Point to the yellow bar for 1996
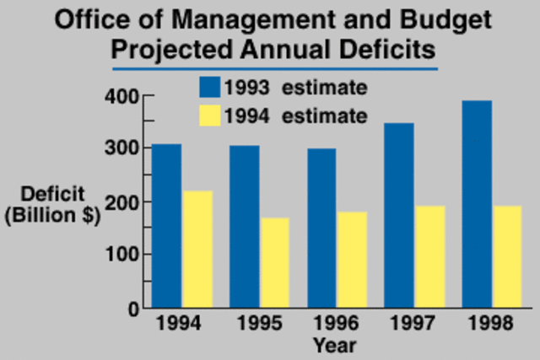point(352,259)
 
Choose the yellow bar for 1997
point(429,256)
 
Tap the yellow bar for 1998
point(507,256)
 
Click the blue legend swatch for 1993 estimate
point(210,88)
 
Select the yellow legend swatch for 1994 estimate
point(210,116)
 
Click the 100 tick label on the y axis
point(121,255)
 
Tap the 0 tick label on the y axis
point(132,309)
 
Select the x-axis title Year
point(335,345)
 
